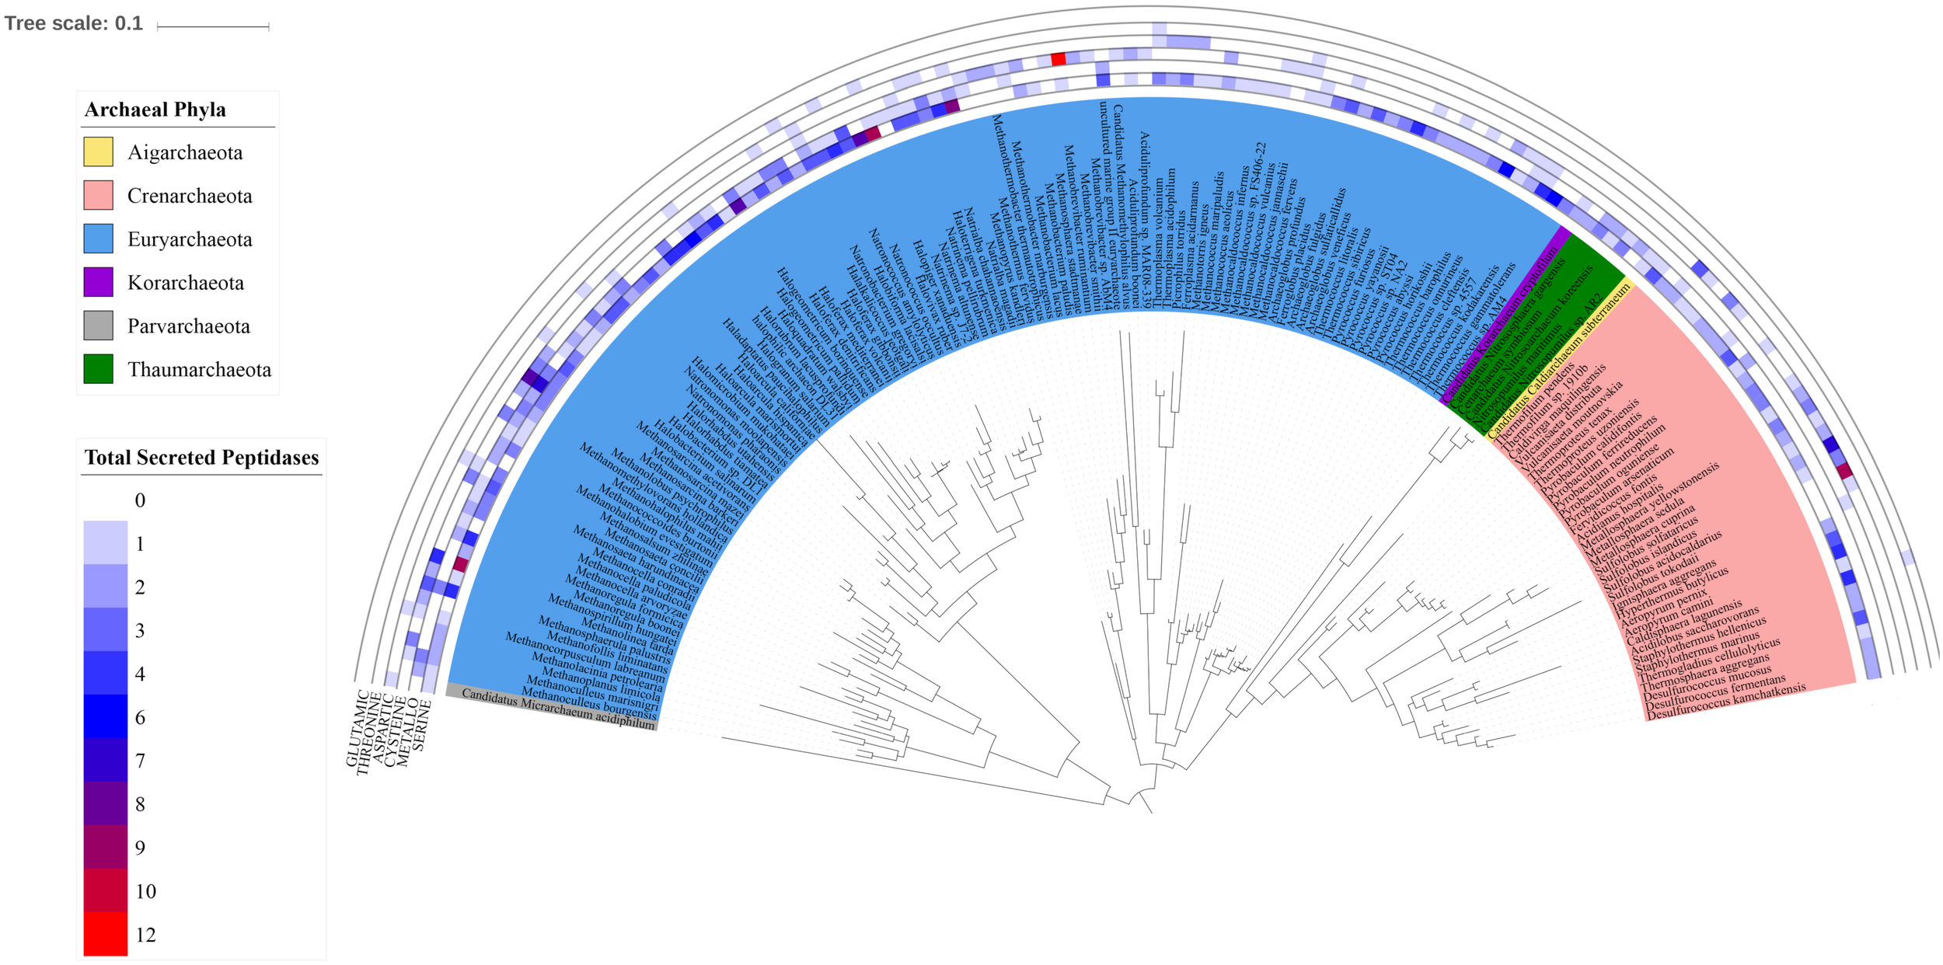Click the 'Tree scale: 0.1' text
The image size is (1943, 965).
tap(74, 23)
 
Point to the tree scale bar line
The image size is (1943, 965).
tap(213, 27)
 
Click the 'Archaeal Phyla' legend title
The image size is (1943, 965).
tap(155, 110)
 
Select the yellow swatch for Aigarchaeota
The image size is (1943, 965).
tap(99, 152)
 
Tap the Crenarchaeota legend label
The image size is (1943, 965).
tap(190, 196)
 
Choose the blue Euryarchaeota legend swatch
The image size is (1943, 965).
tap(99, 239)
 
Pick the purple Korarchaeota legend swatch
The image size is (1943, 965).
tap(99, 282)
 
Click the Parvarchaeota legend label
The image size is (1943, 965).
tap(189, 326)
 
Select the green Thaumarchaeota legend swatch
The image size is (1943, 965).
tap(99, 369)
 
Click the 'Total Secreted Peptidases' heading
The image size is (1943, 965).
tap(201, 458)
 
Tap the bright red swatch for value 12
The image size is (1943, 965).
tap(106, 934)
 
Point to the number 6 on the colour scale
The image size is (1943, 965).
tap(140, 717)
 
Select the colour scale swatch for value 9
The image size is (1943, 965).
tap(106, 847)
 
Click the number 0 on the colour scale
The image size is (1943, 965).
tap(140, 500)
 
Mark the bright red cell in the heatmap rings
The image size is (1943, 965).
tap(1058, 59)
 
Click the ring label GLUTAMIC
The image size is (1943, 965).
tap(358, 727)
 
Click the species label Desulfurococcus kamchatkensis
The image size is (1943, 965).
tap(1725, 702)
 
